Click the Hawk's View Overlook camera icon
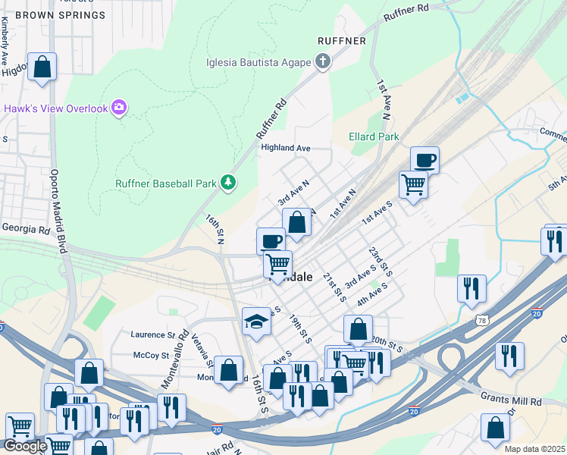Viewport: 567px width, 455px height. [x=118, y=108]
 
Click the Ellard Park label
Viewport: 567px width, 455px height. [x=374, y=137]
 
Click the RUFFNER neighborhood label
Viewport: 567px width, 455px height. [x=342, y=41]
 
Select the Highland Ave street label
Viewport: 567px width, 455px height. [x=286, y=148]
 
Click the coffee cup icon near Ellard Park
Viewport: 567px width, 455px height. [x=424, y=160]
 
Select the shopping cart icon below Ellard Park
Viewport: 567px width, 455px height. [x=413, y=184]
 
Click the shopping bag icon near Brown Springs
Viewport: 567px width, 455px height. [x=42, y=66]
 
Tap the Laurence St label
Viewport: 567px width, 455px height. [x=152, y=334]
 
